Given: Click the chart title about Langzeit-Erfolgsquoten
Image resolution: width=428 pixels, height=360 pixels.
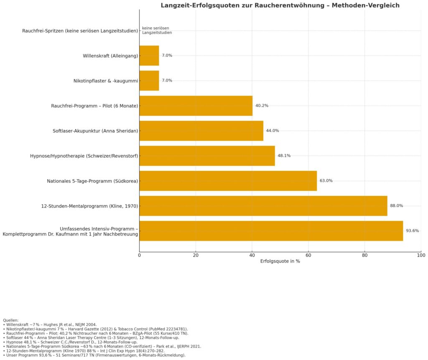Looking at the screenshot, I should pyautogui.click(x=280, y=5).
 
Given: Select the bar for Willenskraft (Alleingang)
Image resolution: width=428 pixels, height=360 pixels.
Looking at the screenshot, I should pyautogui.click(x=149, y=56).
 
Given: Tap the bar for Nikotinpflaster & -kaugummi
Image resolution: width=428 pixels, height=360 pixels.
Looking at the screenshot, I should pyautogui.click(x=149, y=81).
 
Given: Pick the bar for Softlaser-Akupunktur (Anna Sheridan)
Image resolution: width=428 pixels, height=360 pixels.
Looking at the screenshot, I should pyautogui.click(x=201, y=131).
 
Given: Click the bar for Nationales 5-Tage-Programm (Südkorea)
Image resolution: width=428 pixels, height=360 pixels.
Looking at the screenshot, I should pyautogui.click(x=228, y=181).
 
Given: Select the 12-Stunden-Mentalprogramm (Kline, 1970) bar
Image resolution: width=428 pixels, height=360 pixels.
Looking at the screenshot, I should pyautogui.click(x=263, y=206).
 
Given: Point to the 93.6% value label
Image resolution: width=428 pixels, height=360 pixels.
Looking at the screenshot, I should pyautogui.click(x=412, y=231).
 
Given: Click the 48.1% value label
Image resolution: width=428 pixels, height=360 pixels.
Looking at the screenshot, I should pyautogui.click(x=284, y=156).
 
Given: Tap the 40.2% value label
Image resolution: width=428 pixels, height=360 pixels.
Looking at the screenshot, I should pyautogui.click(x=262, y=106).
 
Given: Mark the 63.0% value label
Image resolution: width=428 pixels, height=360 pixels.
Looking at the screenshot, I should pyautogui.click(x=326, y=181).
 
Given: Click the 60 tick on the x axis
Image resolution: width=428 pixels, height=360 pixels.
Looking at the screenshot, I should pyautogui.click(x=308, y=254).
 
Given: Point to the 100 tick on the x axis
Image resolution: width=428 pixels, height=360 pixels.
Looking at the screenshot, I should pyautogui.click(x=421, y=254).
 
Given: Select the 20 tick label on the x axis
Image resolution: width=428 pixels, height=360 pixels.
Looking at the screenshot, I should pyautogui.click(x=196, y=254).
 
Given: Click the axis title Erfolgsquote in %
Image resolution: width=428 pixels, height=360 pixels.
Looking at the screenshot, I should pyautogui.click(x=280, y=261).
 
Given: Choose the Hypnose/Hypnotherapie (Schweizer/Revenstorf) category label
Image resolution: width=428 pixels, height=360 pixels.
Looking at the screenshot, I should pyautogui.click(x=84, y=156).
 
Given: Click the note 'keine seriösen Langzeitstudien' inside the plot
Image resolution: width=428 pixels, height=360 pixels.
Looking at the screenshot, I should pyautogui.click(x=157, y=30).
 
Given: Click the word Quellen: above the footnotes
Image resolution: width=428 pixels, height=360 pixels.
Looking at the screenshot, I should pyautogui.click(x=10, y=320).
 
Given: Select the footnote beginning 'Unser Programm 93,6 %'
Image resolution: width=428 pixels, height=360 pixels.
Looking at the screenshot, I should pyautogui.click(x=94, y=355).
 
